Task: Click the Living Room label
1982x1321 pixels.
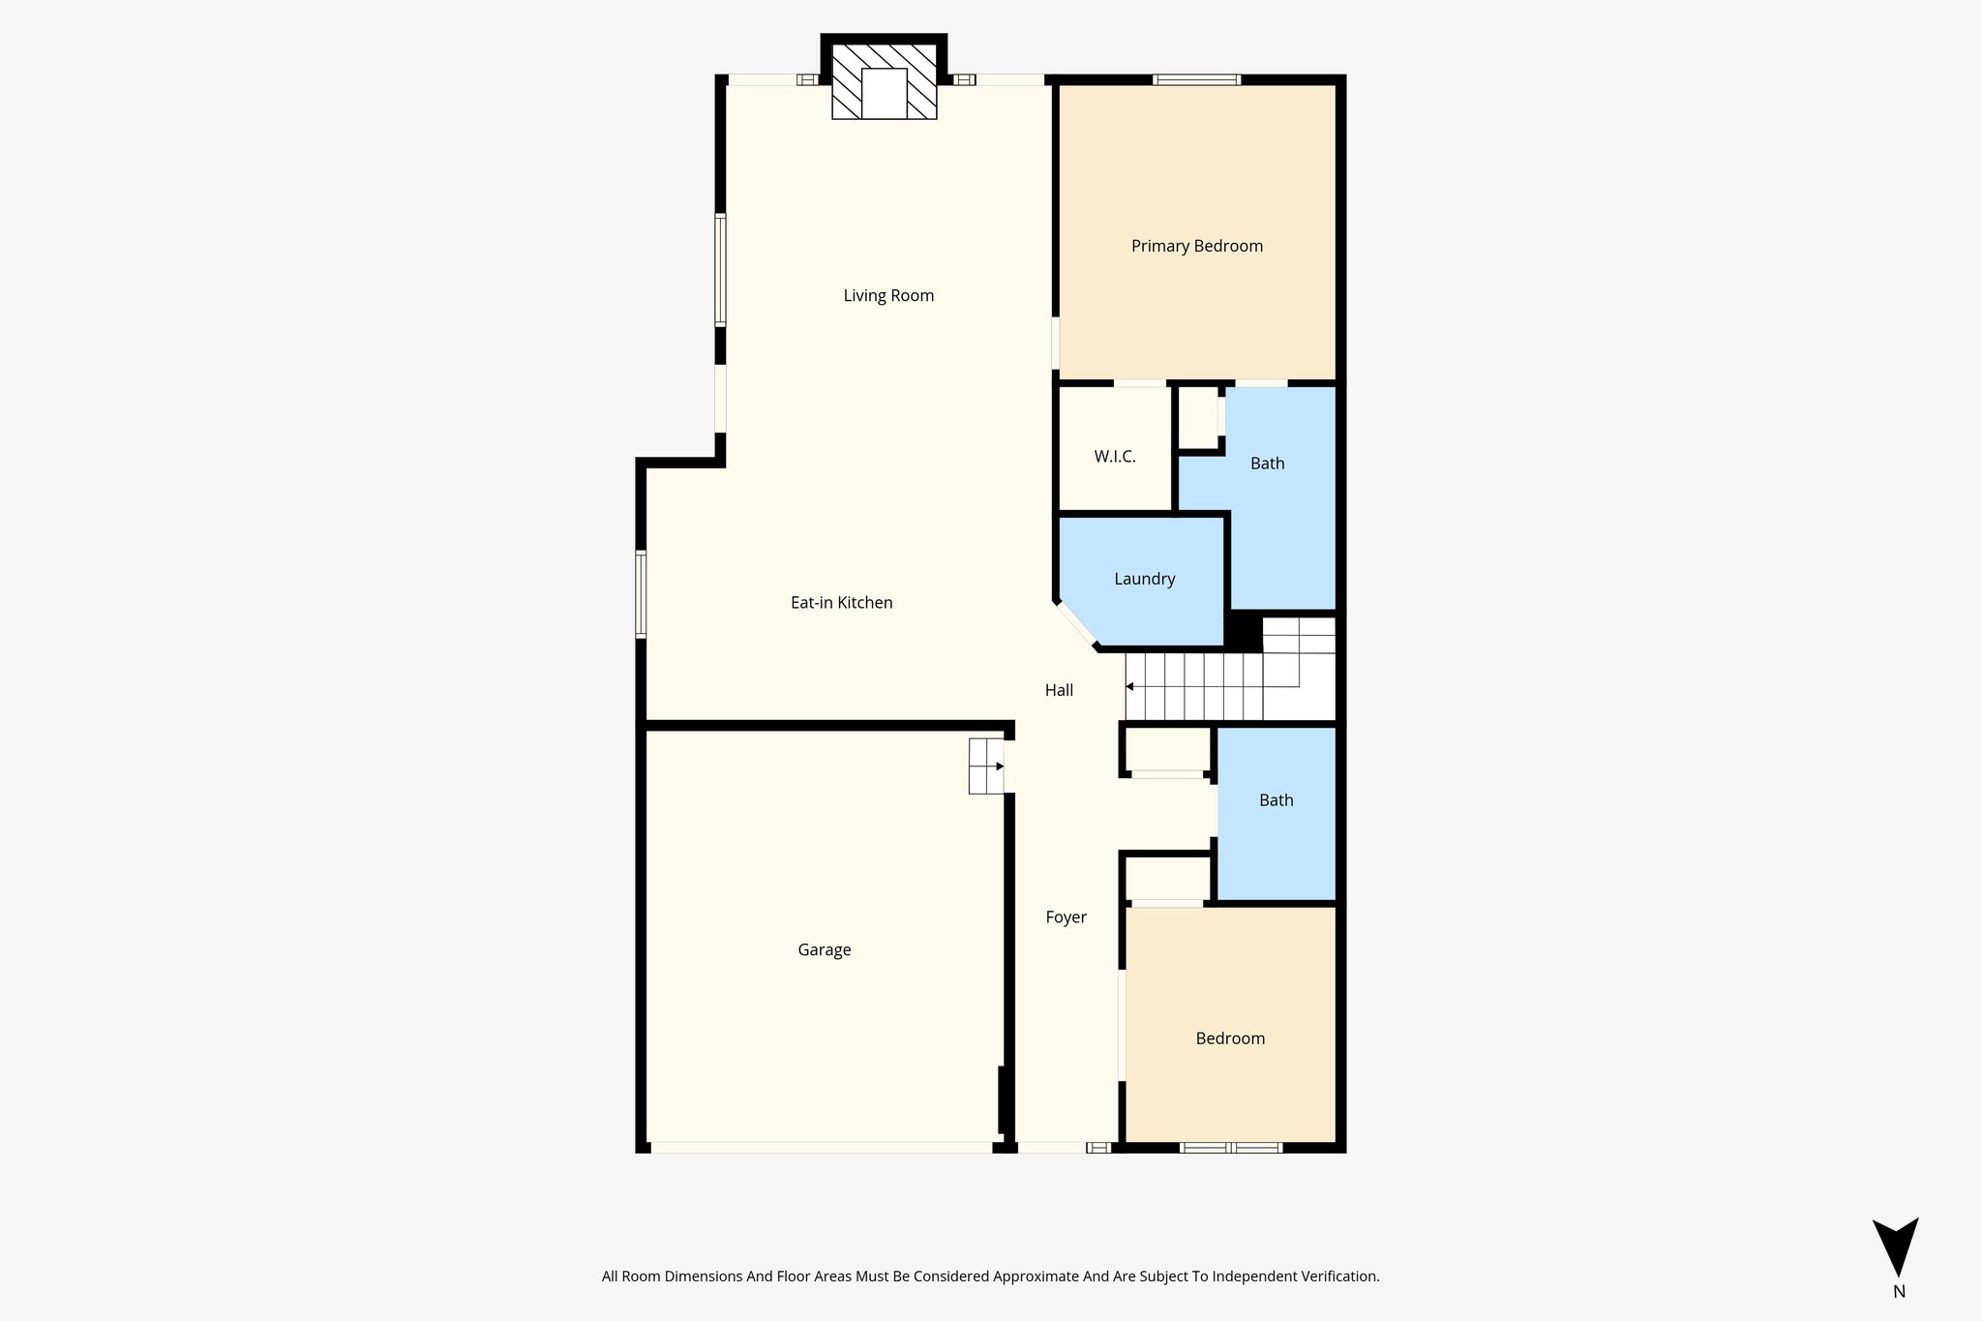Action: click(x=888, y=296)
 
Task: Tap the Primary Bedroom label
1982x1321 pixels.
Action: click(x=1197, y=247)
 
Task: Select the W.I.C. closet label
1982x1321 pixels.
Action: click(x=1115, y=457)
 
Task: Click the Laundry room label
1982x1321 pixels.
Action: click(x=1144, y=580)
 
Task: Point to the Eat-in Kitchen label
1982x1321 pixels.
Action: click(x=841, y=603)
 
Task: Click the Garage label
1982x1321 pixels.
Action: click(x=824, y=950)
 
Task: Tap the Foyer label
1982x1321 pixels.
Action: click(x=1066, y=917)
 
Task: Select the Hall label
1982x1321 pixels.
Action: click(x=1059, y=691)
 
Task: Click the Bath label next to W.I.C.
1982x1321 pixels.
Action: click(x=1267, y=464)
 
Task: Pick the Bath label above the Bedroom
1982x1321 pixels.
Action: click(x=1276, y=800)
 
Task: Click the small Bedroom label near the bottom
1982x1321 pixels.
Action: click(x=1230, y=1039)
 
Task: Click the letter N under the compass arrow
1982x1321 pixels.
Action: click(x=1899, y=1292)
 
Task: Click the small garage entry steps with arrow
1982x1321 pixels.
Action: click(x=986, y=766)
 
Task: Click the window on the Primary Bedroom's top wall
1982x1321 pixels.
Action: click(x=1196, y=80)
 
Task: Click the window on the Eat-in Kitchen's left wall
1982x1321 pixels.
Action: click(x=641, y=594)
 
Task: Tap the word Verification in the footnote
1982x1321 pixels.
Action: click(x=1336, y=1276)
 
